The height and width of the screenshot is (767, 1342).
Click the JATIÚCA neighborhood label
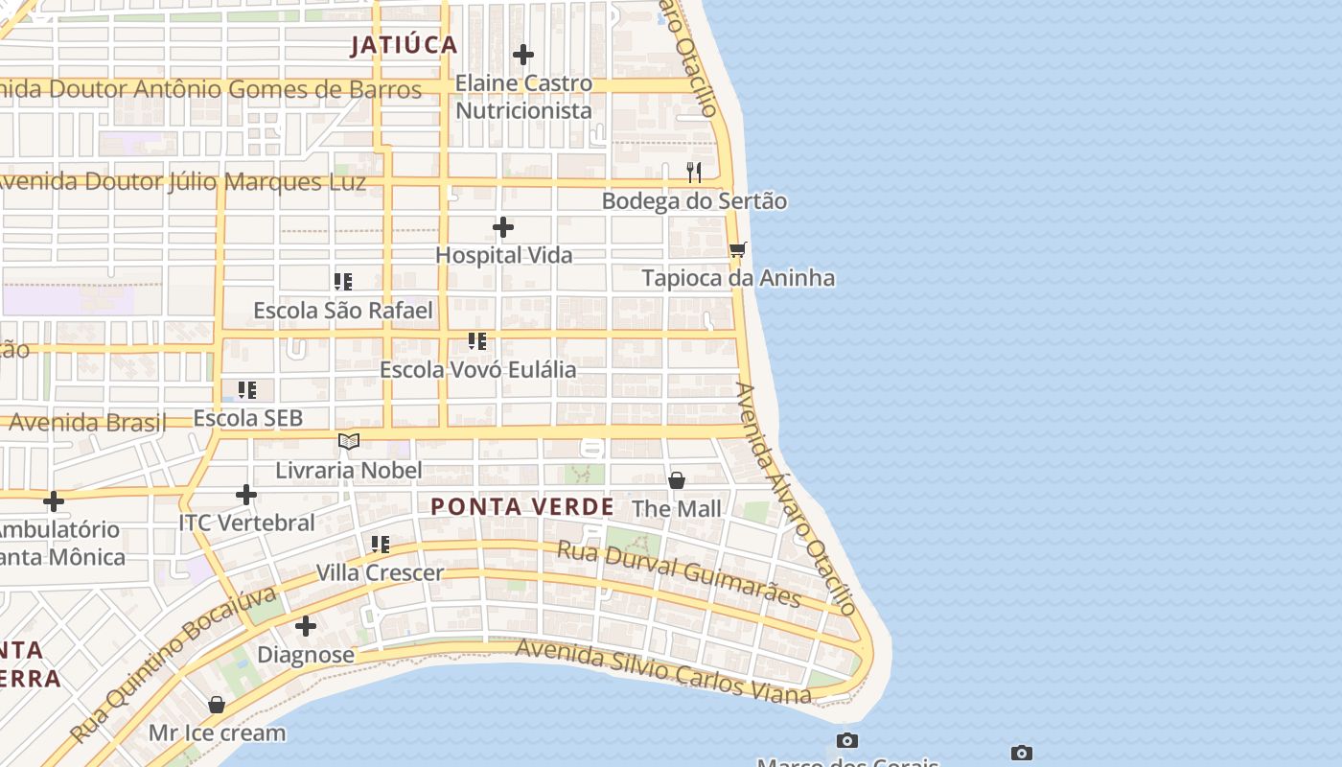404,45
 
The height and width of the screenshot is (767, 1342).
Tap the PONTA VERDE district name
522,507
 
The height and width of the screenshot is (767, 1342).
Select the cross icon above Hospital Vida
503,227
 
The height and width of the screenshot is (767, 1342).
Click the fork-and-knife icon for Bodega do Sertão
694,173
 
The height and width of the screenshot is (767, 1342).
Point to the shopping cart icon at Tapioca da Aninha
737,250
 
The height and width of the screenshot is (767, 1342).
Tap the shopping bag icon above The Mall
677,480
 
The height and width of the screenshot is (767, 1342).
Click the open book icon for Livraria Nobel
349,442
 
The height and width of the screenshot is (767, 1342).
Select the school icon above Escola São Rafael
343,282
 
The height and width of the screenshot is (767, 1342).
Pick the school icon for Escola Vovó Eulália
477,341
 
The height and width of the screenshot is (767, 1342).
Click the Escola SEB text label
248,418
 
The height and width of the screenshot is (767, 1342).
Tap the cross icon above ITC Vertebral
246,495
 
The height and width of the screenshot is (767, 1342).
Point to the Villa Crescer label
380,573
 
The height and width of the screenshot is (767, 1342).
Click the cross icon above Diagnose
306,627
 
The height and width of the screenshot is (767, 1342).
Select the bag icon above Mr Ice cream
217,705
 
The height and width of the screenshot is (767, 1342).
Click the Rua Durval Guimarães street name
679,573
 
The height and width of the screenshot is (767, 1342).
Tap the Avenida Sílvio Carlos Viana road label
663,670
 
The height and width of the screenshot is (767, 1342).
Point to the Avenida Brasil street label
87,422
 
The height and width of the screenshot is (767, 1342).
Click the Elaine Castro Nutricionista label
523,97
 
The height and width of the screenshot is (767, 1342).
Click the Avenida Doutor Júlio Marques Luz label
182,181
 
